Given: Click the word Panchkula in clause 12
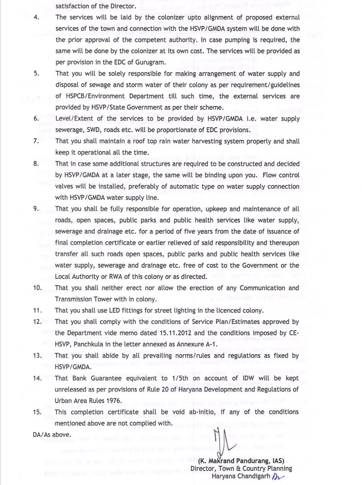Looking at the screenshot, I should click(x=91, y=344).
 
